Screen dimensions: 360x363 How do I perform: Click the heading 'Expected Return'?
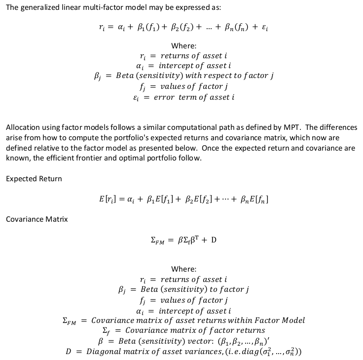pyautogui.click(x=34, y=178)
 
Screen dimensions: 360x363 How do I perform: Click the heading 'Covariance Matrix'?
pyautogui.click(x=36, y=219)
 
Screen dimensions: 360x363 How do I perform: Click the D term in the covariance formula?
pyautogui.click(x=214, y=240)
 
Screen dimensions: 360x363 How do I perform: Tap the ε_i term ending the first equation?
pyautogui.click(x=263, y=28)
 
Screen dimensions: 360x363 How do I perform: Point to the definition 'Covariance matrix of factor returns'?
pyautogui.click(x=195, y=330)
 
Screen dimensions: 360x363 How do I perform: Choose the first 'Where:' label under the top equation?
pyautogui.click(x=183, y=46)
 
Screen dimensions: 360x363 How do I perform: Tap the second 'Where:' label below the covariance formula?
pyautogui.click(x=183, y=269)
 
